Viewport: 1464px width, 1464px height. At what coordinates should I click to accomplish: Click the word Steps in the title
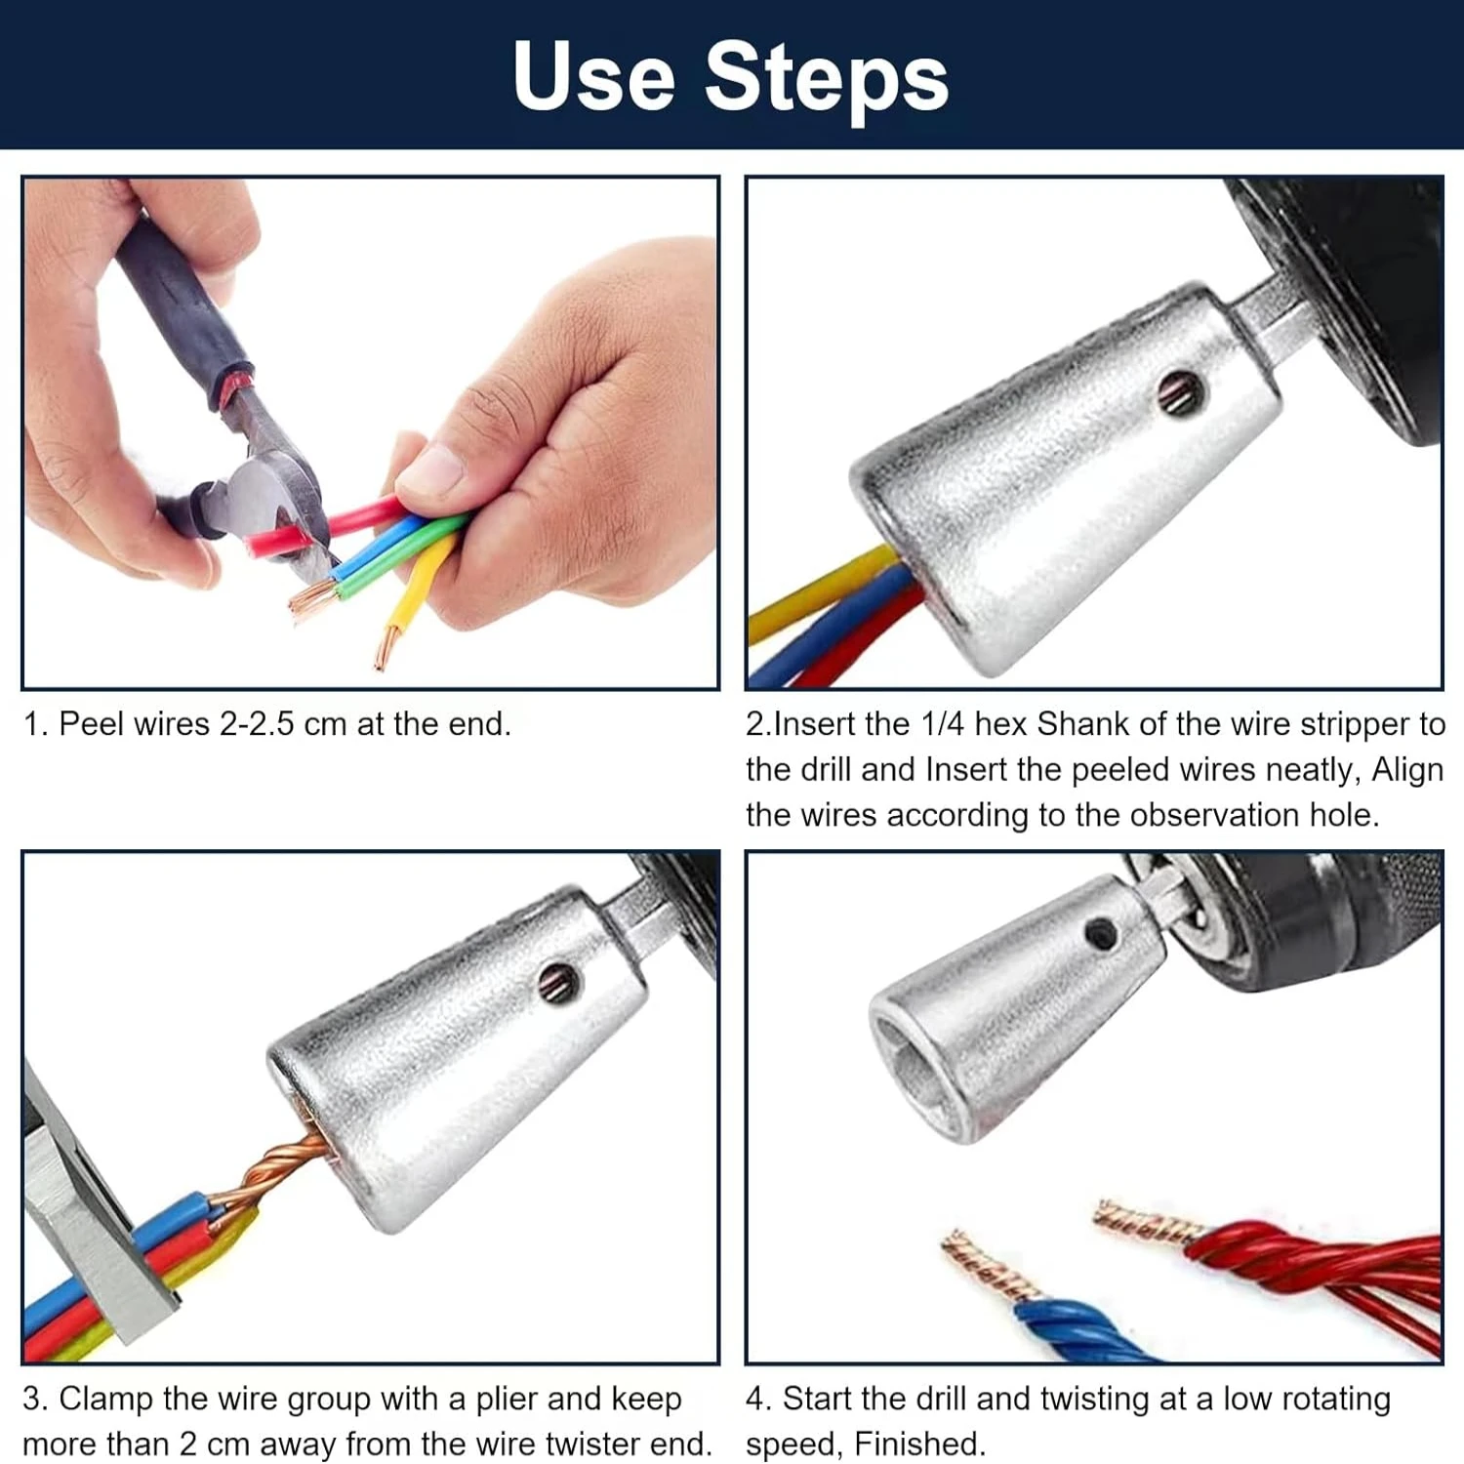click(827, 79)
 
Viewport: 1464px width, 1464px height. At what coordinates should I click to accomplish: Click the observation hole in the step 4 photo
click(1101, 934)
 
